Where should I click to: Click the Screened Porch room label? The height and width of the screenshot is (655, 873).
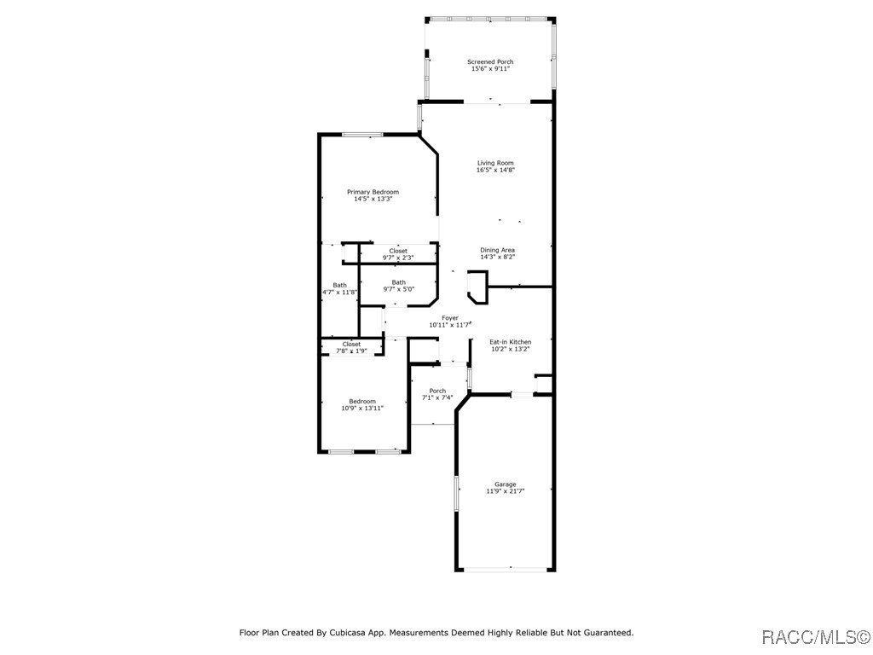pyautogui.click(x=490, y=61)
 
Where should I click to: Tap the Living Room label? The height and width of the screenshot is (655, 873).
pyautogui.click(x=495, y=163)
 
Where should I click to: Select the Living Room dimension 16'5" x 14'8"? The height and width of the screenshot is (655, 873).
pyautogui.click(x=495, y=171)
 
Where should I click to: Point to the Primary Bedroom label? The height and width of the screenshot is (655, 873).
pyautogui.click(x=373, y=192)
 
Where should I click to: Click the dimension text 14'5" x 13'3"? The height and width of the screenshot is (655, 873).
pyautogui.click(x=373, y=200)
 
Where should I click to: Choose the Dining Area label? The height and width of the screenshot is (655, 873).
pyautogui.click(x=497, y=250)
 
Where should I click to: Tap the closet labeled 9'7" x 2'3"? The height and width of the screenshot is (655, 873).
pyautogui.click(x=398, y=254)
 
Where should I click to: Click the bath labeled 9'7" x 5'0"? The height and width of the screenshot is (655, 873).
pyautogui.click(x=398, y=286)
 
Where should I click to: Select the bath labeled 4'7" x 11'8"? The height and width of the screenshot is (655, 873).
pyautogui.click(x=339, y=288)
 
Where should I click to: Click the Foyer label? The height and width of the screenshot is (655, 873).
pyautogui.click(x=449, y=318)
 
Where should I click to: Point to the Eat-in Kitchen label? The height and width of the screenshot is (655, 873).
pyautogui.click(x=510, y=342)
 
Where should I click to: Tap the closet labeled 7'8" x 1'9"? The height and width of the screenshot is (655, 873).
pyautogui.click(x=351, y=347)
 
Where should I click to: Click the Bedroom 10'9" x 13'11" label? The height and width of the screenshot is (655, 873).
pyautogui.click(x=362, y=404)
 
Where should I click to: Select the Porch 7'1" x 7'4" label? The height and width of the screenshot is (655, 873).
pyautogui.click(x=437, y=394)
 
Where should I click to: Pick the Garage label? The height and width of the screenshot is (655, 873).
pyautogui.click(x=506, y=484)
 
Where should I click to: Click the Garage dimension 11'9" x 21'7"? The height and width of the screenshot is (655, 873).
pyautogui.click(x=506, y=491)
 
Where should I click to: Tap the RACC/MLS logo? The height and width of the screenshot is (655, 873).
pyautogui.click(x=816, y=637)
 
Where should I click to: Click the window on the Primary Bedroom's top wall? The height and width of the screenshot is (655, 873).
pyautogui.click(x=362, y=134)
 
